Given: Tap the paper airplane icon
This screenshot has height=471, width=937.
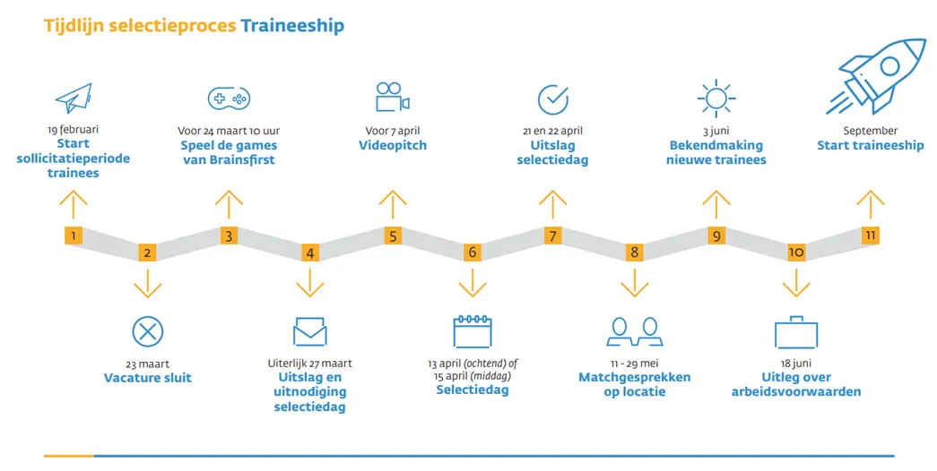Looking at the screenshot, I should [74, 98].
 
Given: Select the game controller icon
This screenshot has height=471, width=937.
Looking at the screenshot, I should [229, 98].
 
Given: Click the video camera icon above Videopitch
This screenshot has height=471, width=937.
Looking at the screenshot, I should [392, 98].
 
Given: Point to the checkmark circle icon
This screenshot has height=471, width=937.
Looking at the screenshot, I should [552, 98].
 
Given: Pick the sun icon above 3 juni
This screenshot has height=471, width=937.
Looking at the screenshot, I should [716, 98].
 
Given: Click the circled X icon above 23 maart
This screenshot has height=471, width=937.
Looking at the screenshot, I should [147, 331].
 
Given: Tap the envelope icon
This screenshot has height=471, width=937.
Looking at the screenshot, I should [309, 331].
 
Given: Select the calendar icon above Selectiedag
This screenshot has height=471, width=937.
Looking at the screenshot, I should [472, 330].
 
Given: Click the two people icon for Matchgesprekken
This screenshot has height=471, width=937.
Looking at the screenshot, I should [634, 331].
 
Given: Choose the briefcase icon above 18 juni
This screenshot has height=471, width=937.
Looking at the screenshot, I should [796, 332].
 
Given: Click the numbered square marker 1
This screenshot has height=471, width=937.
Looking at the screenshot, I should [74, 236].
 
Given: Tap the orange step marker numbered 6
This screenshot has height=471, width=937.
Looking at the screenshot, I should [472, 253].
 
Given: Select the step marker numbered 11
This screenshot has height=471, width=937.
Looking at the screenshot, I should [869, 235].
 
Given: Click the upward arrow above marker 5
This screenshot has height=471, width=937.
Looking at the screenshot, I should [392, 204].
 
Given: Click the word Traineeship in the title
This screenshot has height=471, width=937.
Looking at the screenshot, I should [291, 26].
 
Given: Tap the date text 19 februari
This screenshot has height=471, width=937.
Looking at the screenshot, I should [74, 130].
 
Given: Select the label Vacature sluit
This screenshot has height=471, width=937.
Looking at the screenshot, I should [147, 378].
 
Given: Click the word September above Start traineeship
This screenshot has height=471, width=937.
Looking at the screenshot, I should [870, 131].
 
